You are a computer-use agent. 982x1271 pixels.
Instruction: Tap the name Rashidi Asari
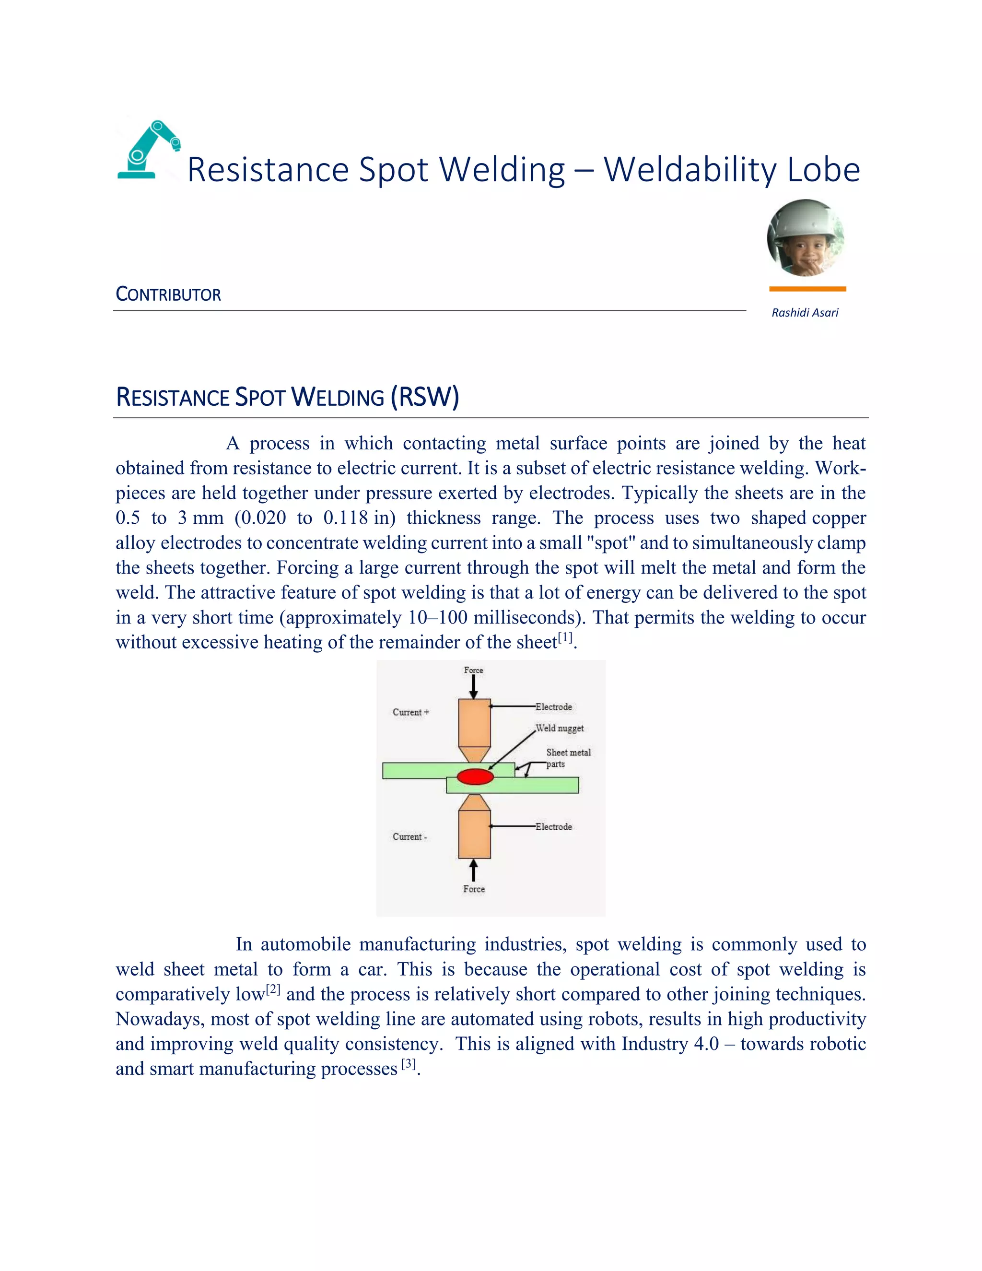(805, 313)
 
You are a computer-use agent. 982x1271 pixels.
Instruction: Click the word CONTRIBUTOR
(168, 294)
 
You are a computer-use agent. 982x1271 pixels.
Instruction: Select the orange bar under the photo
(807, 289)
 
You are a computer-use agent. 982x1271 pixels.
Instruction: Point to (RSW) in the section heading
(425, 397)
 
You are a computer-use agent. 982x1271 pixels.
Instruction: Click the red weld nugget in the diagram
(475, 777)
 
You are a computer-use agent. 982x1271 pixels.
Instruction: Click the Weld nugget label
(560, 728)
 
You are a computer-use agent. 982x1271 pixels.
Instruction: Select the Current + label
(411, 712)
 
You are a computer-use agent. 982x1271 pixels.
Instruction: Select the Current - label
(409, 837)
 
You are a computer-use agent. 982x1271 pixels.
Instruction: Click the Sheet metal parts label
(567, 758)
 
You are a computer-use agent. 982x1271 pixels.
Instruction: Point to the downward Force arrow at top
(474, 687)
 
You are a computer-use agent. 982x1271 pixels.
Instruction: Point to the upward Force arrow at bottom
(474, 871)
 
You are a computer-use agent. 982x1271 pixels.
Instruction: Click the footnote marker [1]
(565, 638)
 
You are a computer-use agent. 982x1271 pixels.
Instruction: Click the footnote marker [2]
(273, 989)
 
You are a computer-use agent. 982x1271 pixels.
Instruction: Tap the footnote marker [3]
(409, 1064)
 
